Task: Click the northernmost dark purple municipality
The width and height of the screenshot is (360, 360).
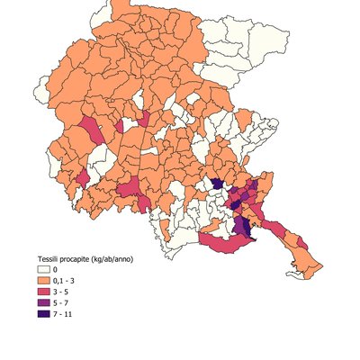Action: click(217, 184)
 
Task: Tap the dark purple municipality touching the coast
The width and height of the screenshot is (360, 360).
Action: click(244, 227)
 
